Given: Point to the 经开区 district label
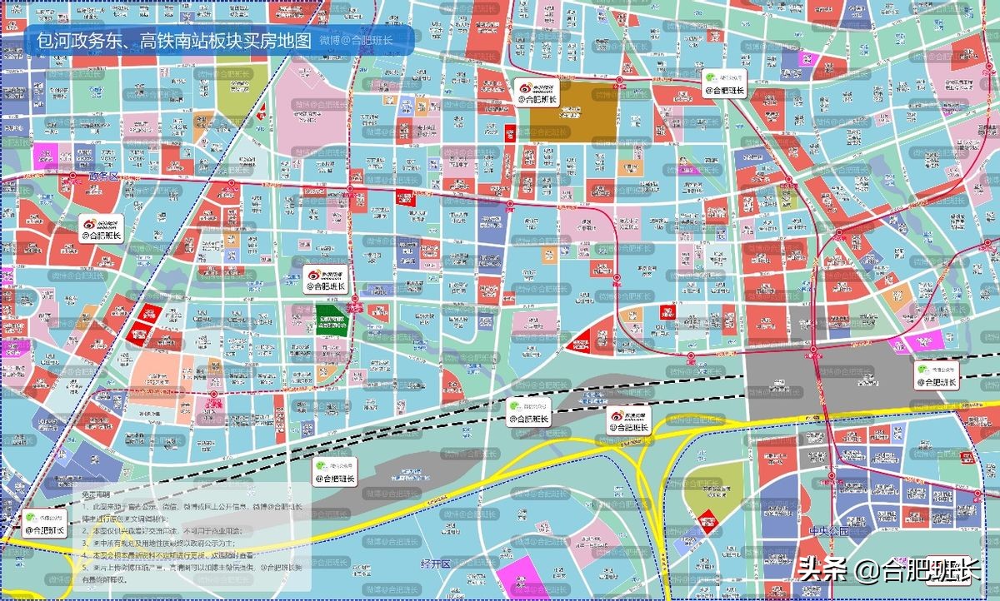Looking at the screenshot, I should pyautogui.click(x=435, y=564).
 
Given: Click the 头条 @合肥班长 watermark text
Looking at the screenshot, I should pyautogui.click(x=888, y=571).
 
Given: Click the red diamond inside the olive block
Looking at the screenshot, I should pyautogui.click(x=707, y=518).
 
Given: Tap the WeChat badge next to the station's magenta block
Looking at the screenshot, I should pyautogui.click(x=937, y=375).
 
